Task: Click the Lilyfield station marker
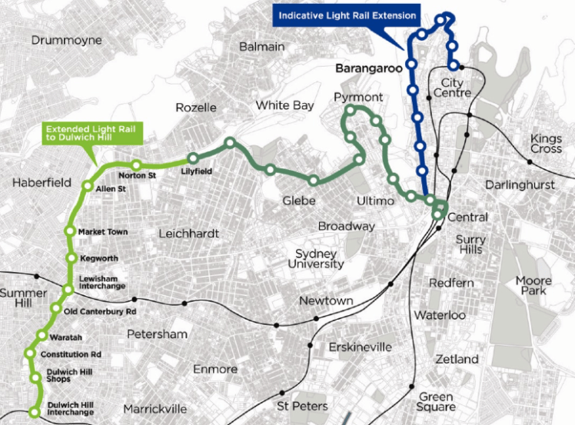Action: tap(188, 161)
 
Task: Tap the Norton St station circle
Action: tap(136, 164)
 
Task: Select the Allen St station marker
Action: tap(88, 186)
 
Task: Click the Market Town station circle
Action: tap(69, 232)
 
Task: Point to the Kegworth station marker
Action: tap(71, 257)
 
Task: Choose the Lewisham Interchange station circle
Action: tap(68, 290)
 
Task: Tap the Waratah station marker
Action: tap(42, 335)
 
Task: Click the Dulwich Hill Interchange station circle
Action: tap(34, 413)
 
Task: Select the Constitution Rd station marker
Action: tap(31, 354)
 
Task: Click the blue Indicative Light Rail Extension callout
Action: tap(347, 15)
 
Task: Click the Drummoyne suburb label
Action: tap(62, 39)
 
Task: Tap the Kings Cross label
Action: tap(546, 144)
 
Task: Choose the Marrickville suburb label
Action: tap(157, 407)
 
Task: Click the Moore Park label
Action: tap(533, 286)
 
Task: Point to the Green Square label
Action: tap(437, 402)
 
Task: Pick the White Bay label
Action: tap(285, 105)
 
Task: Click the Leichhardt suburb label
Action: tap(188, 233)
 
